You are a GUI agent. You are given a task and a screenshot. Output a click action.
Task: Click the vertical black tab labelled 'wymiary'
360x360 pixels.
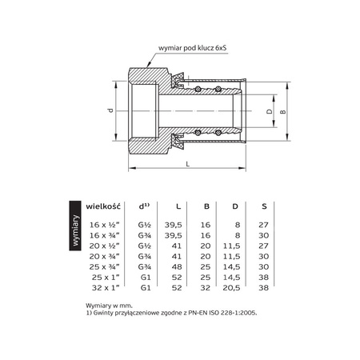(74, 231)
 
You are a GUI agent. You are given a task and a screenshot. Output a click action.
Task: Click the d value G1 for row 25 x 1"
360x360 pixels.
(146, 276)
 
